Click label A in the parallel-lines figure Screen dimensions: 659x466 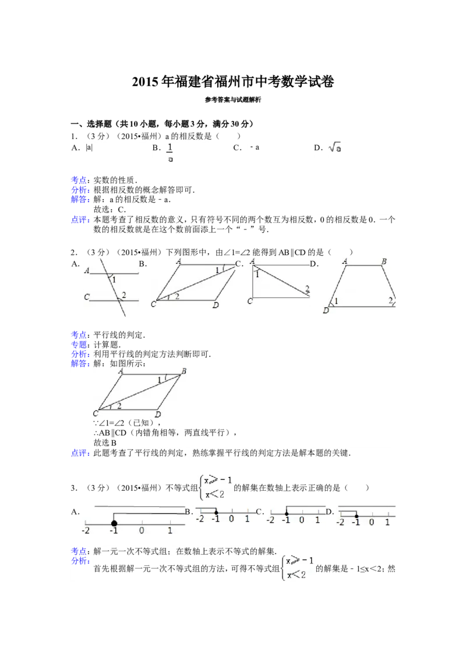coord(87,271)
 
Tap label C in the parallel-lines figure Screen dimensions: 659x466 coord(86,297)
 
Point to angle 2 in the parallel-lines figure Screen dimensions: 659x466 coord(124,295)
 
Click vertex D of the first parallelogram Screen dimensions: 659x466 coord(216,305)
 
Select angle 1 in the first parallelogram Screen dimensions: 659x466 coord(217,270)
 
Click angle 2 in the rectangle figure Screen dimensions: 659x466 coord(306,289)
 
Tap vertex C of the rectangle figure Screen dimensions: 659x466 coord(250,301)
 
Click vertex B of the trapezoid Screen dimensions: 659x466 coord(384,262)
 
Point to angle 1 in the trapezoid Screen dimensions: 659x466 coord(337,301)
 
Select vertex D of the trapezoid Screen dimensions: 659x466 coord(326,311)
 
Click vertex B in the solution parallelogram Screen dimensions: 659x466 coord(184,371)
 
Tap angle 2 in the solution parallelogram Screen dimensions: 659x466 coord(119,405)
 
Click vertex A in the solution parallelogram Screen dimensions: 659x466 coord(121,370)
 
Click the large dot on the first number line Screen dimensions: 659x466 coord(114,523)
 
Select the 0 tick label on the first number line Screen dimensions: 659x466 coord(142,531)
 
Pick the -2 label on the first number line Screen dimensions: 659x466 coord(86,531)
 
